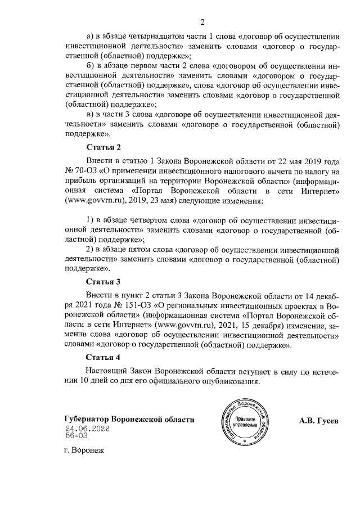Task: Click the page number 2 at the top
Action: [x=201, y=23]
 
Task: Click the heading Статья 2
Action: [x=103, y=148]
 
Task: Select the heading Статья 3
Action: [x=103, y=281]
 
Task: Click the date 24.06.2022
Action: [x=87, y=428]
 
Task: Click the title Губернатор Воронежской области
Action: [x=129, y=420]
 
